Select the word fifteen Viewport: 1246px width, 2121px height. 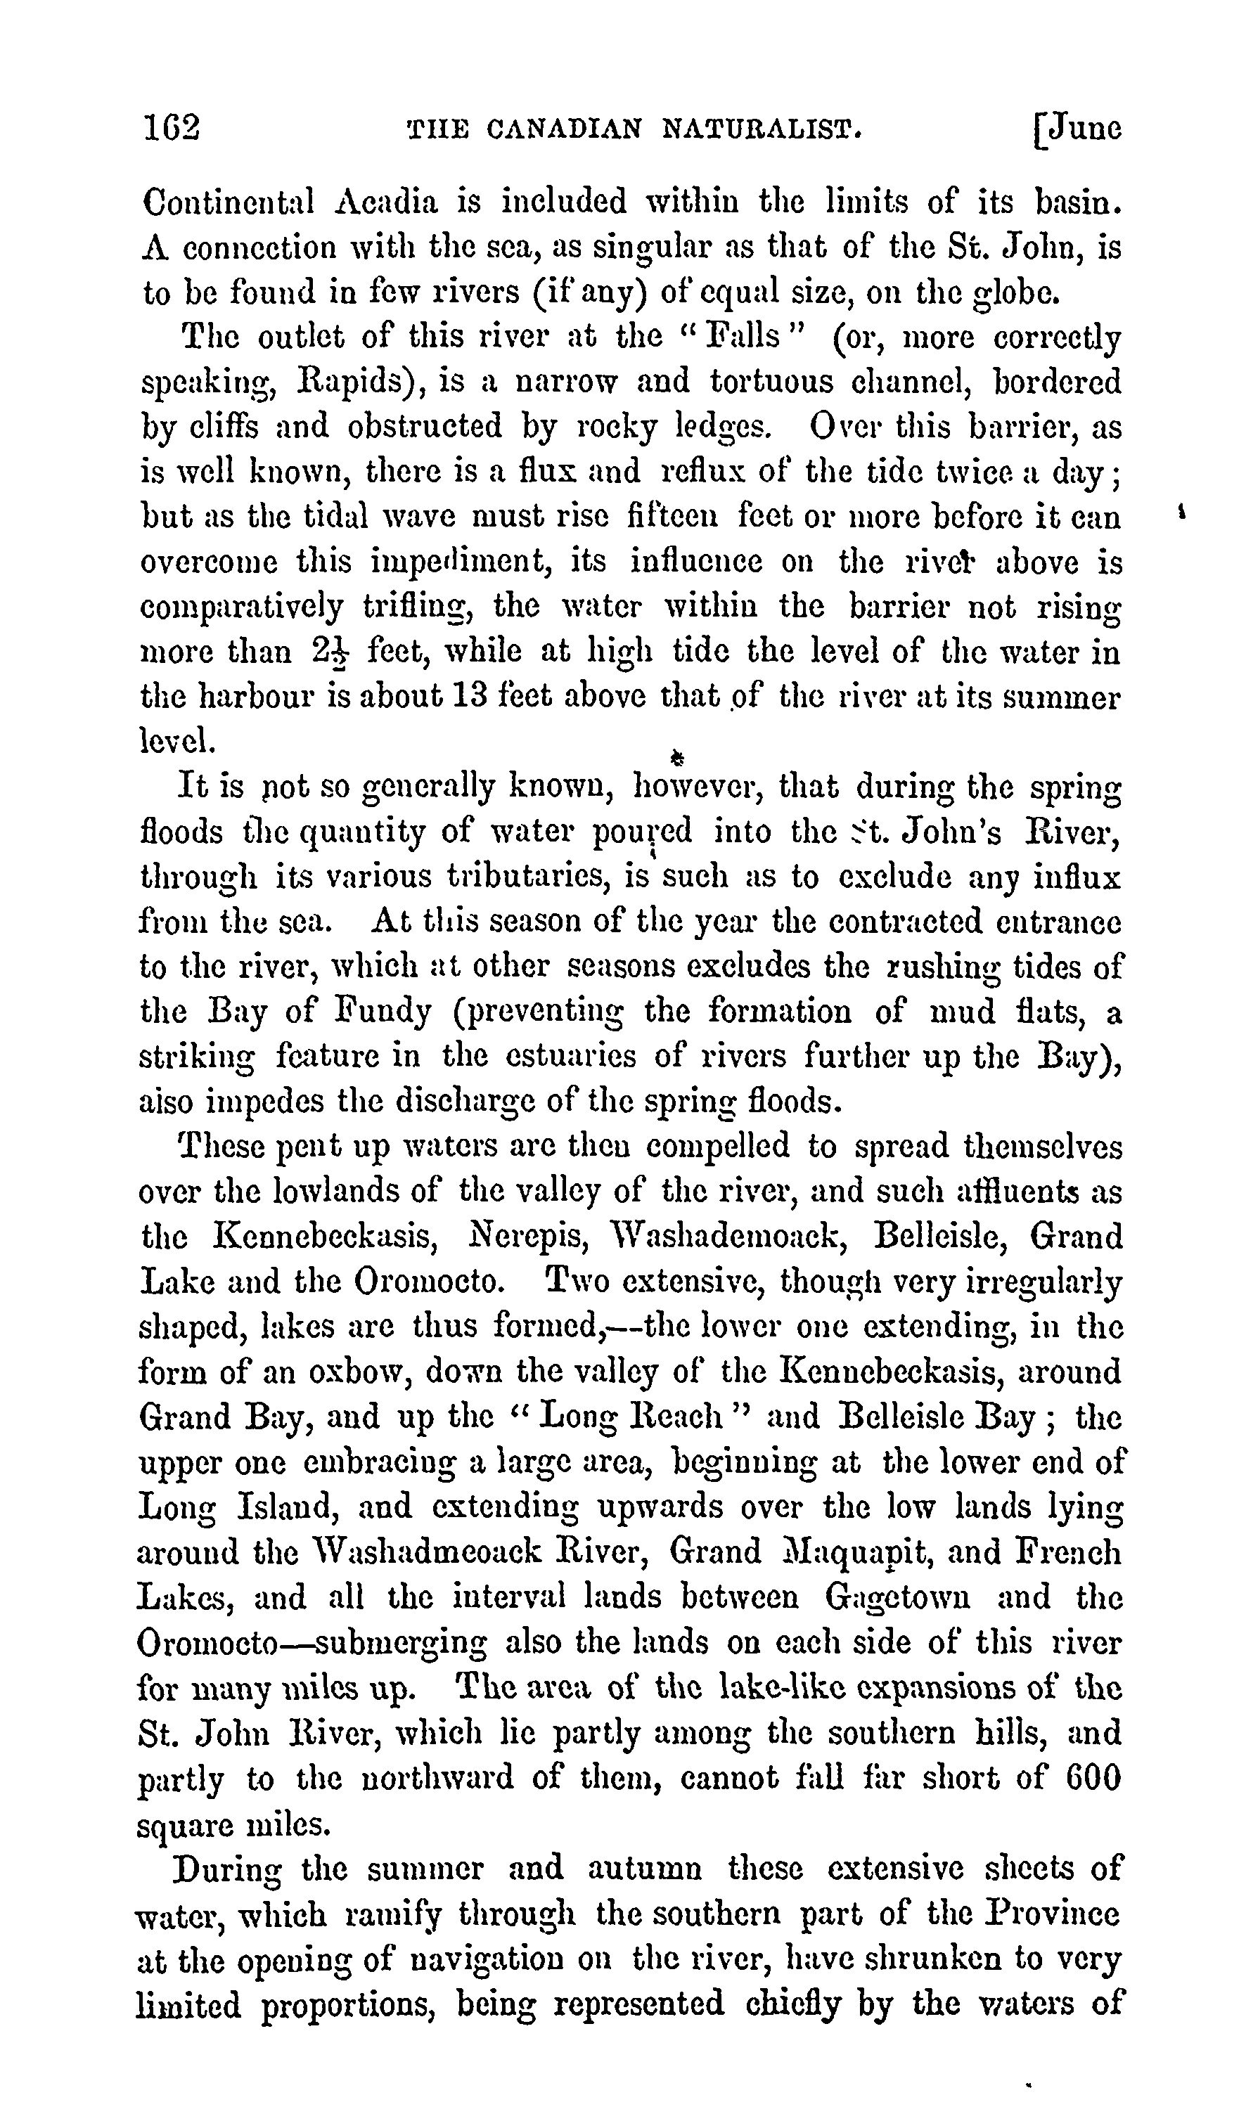[672, 517]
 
